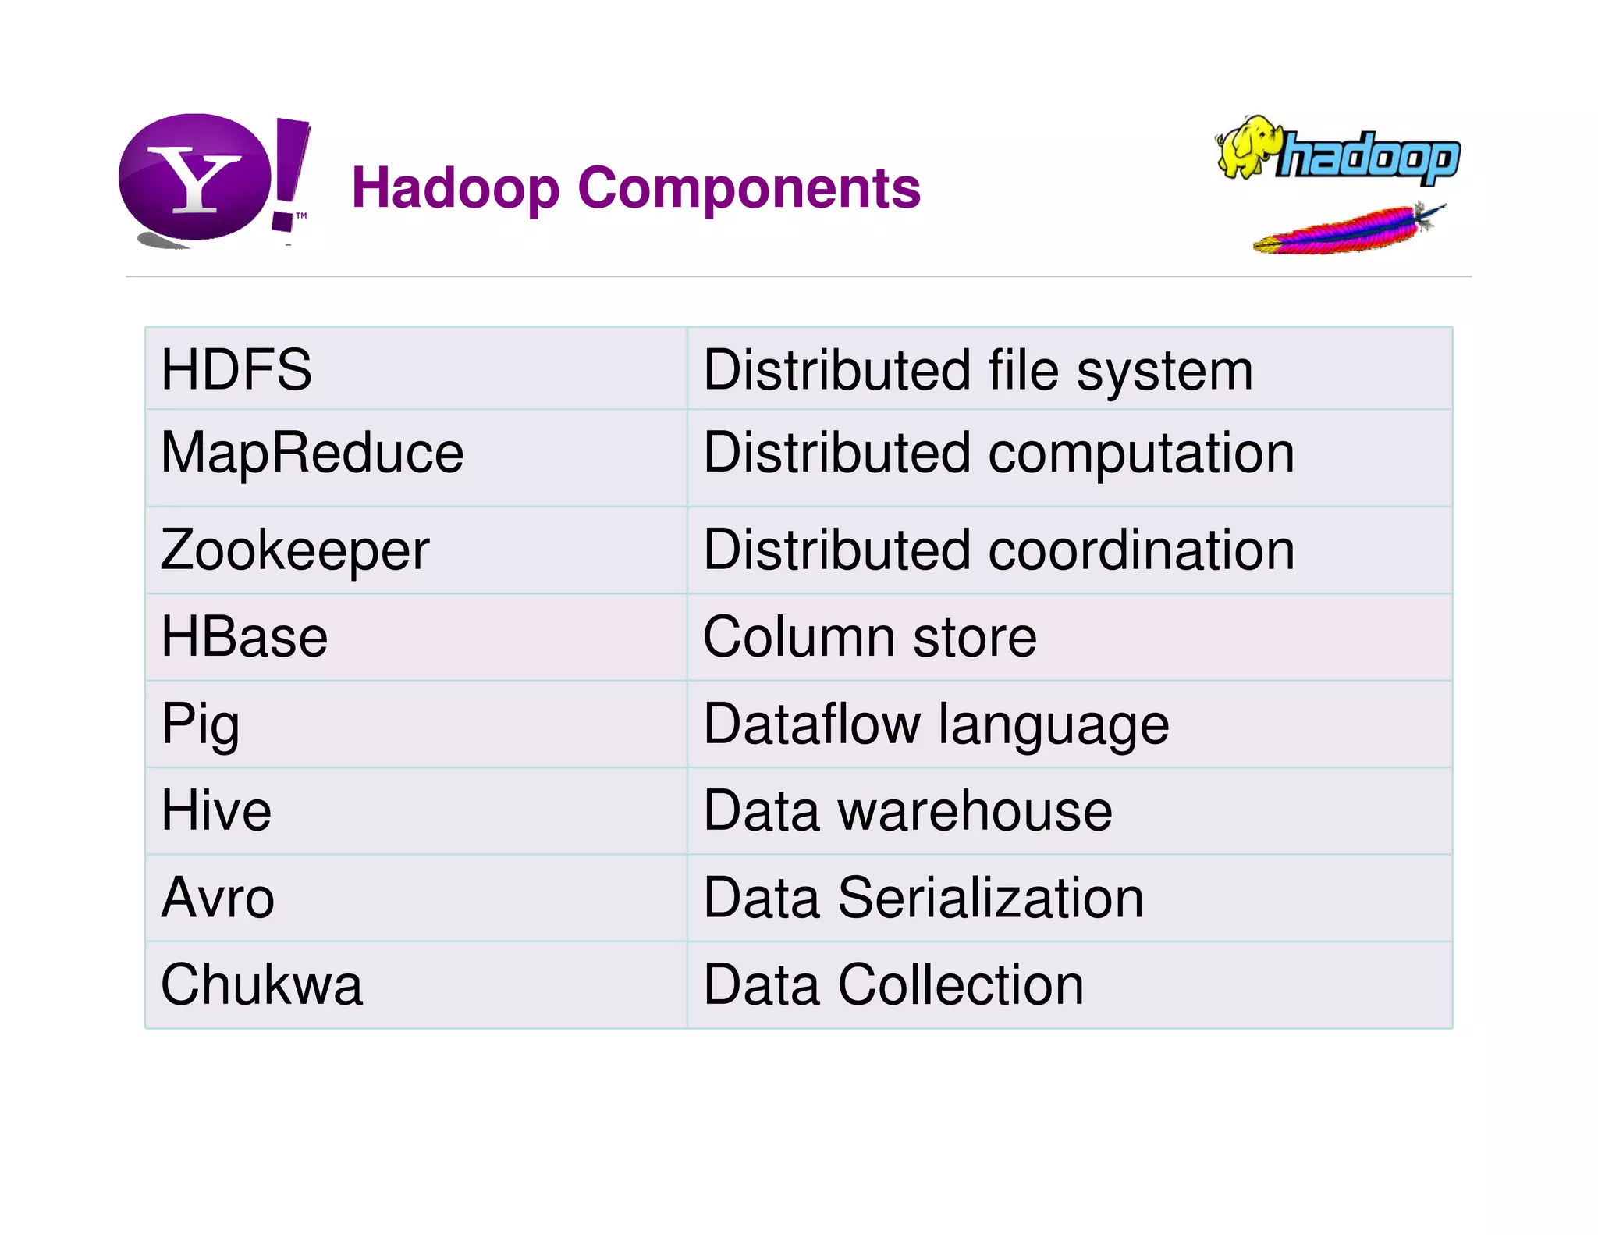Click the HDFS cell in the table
(x=236, y=369)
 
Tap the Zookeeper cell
(x=295, y=550)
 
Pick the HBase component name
(x=244, y=637)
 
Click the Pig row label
(x=201, y=724)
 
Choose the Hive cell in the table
(x=216, y=810)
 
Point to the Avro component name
(x=218, y=898)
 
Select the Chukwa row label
(x=261, y=984)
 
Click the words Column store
(x=870, y=637)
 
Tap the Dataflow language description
(x=936, y=724)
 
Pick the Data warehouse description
(x=907, y=810)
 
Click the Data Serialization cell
(x=923, y=898)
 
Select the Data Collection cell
(x=893, y=984)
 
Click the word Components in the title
(x=749, y=188)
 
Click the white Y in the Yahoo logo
(x=195, y=180)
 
